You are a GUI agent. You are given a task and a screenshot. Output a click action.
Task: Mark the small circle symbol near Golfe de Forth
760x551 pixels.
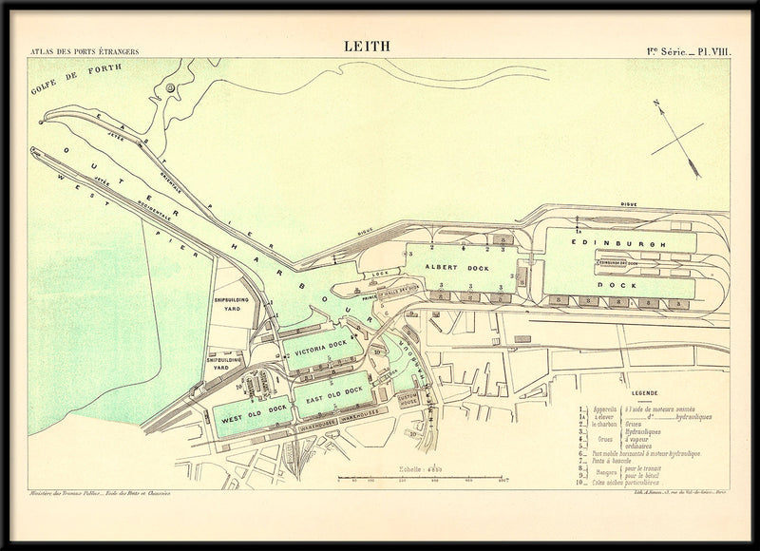point(170,87)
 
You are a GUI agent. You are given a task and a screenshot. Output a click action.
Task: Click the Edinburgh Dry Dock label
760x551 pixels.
point(621,263)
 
